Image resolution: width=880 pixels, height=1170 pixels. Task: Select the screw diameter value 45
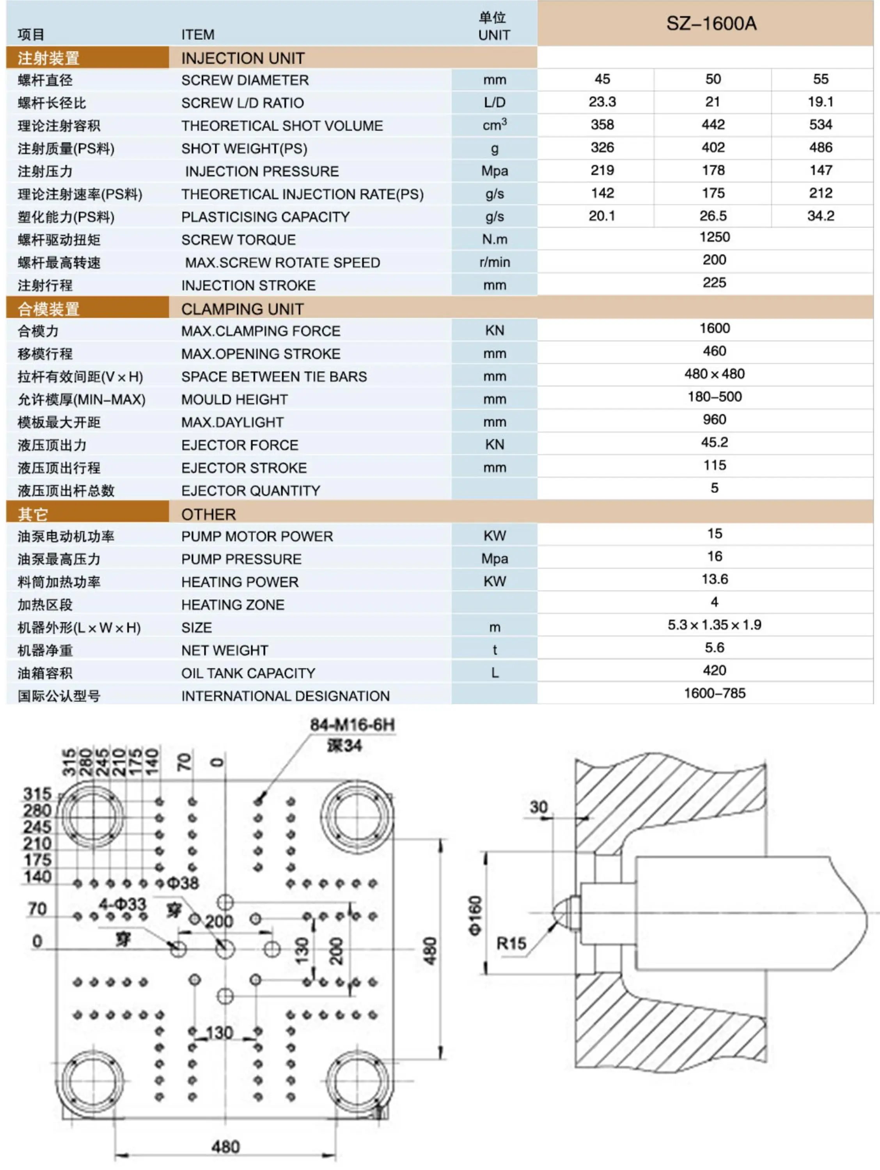coord(602,79)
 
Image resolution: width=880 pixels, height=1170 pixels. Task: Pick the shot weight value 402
coord(713,147)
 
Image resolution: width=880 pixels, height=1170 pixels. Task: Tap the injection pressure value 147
coord(820,170)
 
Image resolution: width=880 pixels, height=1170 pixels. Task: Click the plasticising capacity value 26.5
coord(713,216)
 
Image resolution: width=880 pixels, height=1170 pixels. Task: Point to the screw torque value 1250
coord(714,237)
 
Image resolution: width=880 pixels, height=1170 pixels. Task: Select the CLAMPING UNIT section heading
coord(242,309)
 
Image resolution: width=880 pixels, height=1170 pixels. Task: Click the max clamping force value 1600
coord(714,328)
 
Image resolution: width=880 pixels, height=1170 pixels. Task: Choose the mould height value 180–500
coord(714,397)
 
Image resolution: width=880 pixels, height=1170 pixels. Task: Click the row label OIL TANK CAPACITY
coord(248,673)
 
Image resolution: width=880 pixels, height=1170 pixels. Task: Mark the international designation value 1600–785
coord(714,693)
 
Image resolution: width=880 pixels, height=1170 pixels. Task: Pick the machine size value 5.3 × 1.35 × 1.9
coord(714,625)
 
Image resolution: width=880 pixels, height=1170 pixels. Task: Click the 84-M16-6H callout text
coord(352,725)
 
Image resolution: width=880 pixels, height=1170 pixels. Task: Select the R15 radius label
coord(511,943)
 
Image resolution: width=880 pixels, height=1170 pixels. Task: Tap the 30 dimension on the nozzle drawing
coord(538,807)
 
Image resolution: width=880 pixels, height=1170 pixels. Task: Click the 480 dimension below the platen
coord(225,1147)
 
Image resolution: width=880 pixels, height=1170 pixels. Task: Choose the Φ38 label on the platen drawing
coord(183,883)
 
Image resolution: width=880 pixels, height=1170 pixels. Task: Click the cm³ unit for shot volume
coord(494,125)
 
